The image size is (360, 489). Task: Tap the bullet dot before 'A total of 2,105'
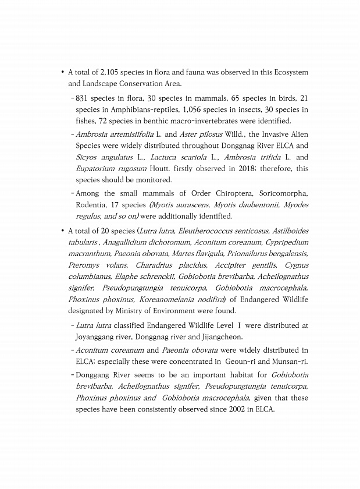click(62, 73)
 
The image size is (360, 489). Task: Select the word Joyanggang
click(96, 336)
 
